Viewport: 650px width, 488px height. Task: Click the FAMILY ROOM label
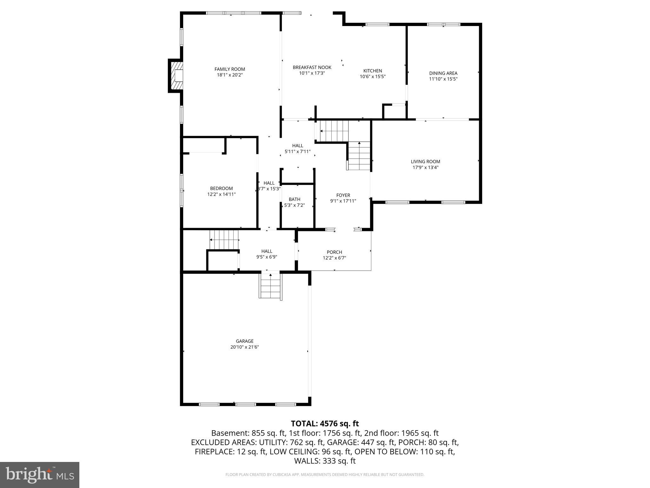[x=229, y=69]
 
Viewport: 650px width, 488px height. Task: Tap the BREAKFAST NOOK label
[x=312, y=67]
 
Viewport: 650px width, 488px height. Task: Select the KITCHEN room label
[x=373, y=71]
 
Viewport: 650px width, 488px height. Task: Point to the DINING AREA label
[x=443, y=73]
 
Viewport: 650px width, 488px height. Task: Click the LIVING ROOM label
[x=425, y=162]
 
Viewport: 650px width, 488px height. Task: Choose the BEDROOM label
[x=221, y=188]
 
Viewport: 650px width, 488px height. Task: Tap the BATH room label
[x=294, y=200]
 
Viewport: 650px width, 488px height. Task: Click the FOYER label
[x=343, y=195]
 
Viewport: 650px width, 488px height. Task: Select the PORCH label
[x=334, y=252]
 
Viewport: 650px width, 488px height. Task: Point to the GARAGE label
[x=244, y=341]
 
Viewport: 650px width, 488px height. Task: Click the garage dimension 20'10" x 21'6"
[x=244, y=347]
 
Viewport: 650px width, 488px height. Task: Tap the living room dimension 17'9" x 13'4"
[x=425, y=167]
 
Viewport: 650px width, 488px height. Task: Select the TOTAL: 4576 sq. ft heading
[x=325, y=424]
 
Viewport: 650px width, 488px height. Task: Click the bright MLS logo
[x=40, y=475]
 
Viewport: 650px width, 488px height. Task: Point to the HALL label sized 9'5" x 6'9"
[x=267, y=251]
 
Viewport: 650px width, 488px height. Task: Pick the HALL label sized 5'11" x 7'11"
[x=297, y=146]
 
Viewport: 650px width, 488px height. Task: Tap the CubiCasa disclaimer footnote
[x=325, y=475]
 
